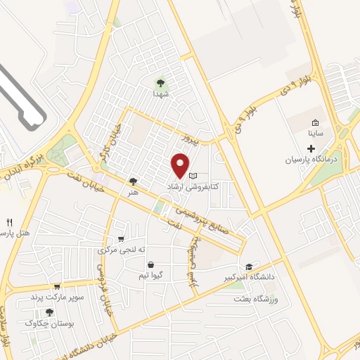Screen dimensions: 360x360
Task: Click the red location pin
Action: (181, 165)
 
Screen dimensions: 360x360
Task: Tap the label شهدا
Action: (160, 93)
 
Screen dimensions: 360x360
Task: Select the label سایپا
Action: (315, 132)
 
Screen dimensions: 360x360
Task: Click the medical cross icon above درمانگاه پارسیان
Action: (311, 148)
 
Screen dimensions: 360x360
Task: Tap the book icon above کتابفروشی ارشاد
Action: (193, 176)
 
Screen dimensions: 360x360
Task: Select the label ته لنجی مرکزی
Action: (122, 250)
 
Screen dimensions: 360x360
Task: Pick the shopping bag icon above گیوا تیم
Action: (151, 264)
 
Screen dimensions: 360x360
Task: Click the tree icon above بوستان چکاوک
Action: (49, 312)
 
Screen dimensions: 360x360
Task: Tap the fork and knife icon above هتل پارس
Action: (9, 221)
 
